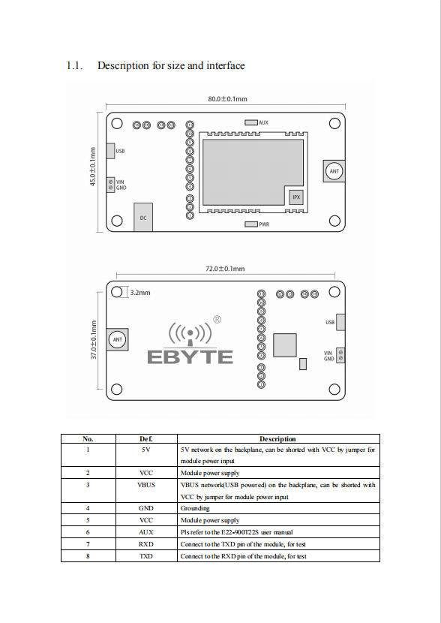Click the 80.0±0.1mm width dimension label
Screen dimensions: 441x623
(227, 99)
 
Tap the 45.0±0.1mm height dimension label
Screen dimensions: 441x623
(93, 167)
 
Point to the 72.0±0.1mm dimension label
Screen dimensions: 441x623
(225, 269)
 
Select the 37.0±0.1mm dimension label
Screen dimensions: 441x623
(94, 340)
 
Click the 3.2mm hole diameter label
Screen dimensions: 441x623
(140, 293)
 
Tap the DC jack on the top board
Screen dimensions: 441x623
(143, 217)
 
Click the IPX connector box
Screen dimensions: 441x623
(296, 197)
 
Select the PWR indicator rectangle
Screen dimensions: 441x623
(251, 224)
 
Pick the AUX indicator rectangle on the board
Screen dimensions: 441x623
(251, 122)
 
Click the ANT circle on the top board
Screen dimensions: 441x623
(334, 171)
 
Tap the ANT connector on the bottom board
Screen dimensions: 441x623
(118, 340)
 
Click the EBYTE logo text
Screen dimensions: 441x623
(190, 357)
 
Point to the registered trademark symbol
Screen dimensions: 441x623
(217, 320)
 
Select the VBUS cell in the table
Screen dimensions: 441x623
(146, 485)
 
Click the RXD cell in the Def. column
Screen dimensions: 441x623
(146, 544)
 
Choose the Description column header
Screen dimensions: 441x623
(277, 439)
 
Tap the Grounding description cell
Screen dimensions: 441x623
(195, 509)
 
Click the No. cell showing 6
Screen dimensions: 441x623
(88, 532)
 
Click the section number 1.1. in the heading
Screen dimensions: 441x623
(74, 65)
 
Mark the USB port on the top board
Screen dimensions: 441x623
(110, 151)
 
